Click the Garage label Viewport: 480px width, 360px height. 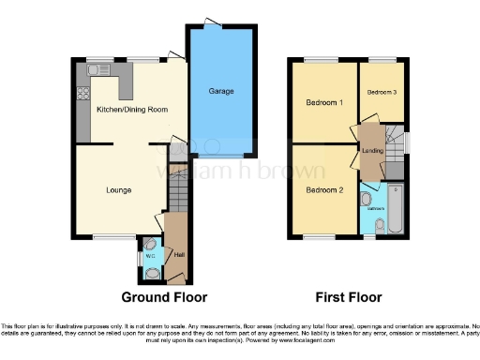(x=221, y=91)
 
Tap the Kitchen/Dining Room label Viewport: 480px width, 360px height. (x=132, y=110)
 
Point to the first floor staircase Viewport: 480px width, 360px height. (x=395, y=142)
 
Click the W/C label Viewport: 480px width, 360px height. (x=142, y=255)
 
